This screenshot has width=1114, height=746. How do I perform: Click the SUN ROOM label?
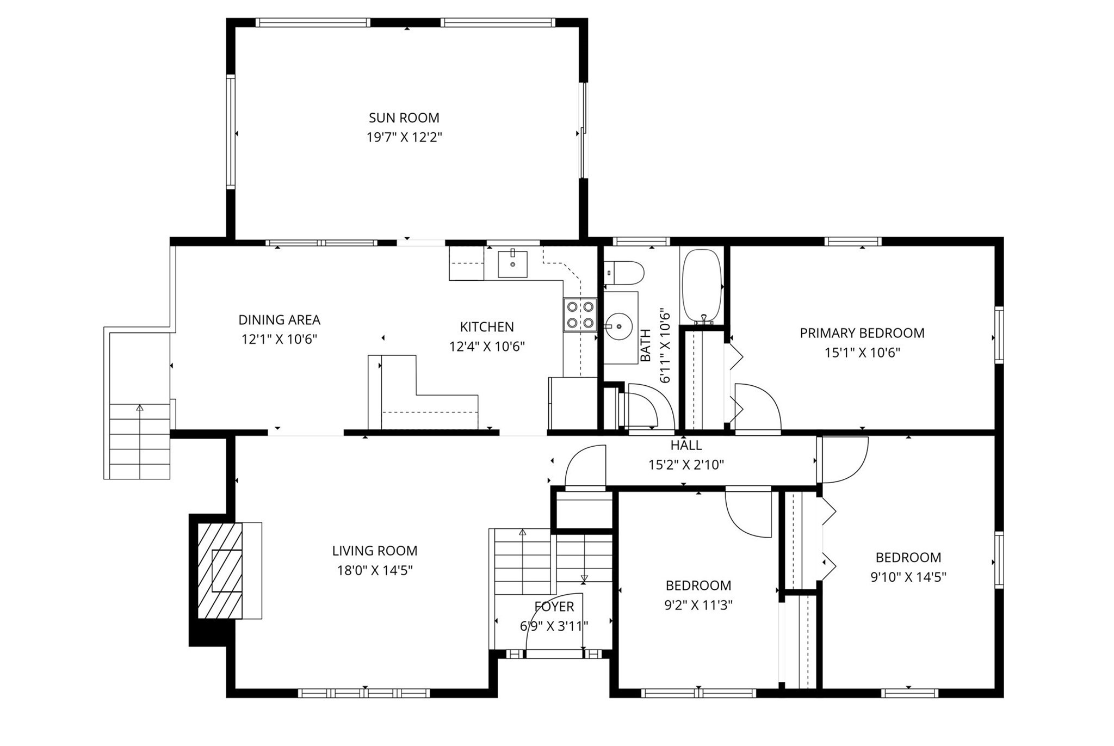tap(404, 118)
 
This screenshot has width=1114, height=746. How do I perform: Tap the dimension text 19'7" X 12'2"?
tap(404, 137)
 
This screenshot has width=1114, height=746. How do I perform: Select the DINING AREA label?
tap(279, 320)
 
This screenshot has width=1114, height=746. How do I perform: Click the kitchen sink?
tap(512, 264)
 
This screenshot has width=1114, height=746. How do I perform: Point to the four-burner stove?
tap(580, 315)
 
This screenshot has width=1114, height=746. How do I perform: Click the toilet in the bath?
tap(626, 272)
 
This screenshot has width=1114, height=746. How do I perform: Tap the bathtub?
tap(702, 286)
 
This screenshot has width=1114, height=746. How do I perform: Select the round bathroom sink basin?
tap(619, 326)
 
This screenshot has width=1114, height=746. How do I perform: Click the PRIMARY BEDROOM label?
tap(862, 333)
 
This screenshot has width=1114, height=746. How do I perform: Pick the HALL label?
tap(686, 445)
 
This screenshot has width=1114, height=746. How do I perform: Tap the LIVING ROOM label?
tap(375, 551)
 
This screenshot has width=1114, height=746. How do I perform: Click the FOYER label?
tap(554, 607)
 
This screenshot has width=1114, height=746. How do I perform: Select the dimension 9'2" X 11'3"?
tap(698, 605)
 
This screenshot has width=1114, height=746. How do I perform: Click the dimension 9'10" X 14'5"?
tap(908, 577)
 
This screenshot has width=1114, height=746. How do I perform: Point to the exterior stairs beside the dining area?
tap(140, 441)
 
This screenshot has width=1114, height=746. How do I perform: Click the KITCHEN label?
tap(486, 327)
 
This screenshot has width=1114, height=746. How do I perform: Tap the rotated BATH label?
tap(646, 346)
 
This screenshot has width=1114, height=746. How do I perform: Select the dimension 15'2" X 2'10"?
tap(686, 465)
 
